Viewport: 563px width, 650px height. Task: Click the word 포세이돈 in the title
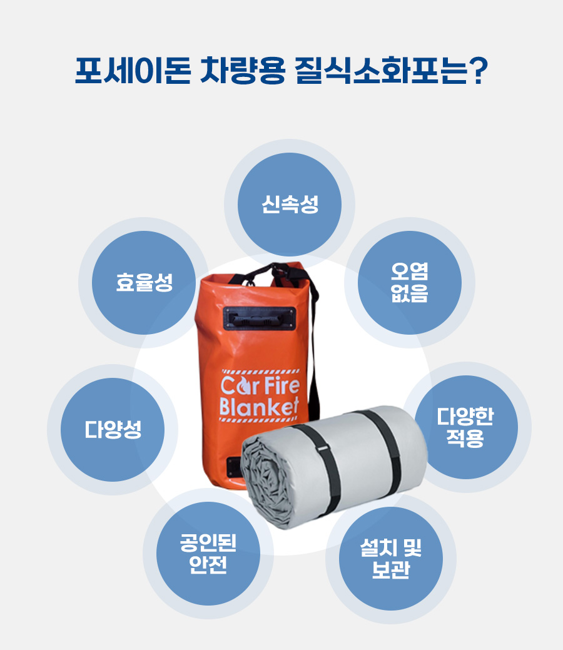click(133, 71)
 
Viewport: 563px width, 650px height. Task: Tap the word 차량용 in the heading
click(243, 71)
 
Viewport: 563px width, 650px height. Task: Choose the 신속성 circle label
click(290, 204)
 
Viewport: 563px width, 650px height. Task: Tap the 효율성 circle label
click(144, 282)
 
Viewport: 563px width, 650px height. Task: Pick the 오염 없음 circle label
click(409, 282)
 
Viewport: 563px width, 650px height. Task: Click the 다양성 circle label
click(113, 429)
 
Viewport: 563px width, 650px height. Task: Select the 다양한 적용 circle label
click(465, 427)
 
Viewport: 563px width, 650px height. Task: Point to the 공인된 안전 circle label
click(208, 554)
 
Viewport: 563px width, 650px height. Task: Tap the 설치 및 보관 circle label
click(390, 559)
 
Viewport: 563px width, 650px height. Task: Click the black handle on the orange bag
click(260, 318)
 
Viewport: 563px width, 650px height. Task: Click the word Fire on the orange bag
click(281, 385)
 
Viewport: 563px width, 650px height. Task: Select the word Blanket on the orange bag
click(259, 406)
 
